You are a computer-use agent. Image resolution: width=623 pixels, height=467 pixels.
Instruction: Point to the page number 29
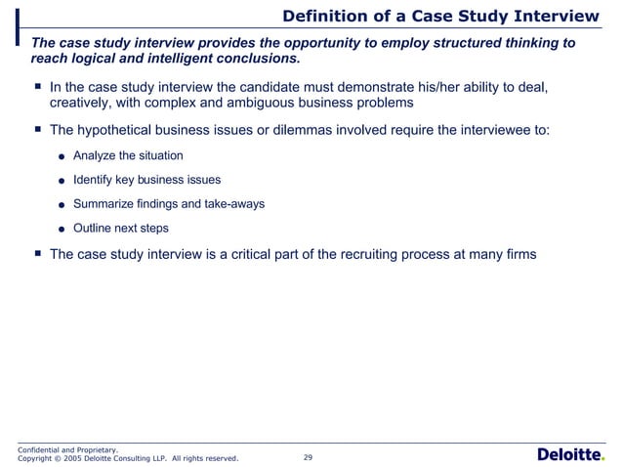tap(309, 456)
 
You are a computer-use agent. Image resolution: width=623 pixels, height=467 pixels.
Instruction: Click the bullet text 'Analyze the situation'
tap(128, 155)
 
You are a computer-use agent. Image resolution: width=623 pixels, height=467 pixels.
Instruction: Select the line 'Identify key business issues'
tap(146, 180)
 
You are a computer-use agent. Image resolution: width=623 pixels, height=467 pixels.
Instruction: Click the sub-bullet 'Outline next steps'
tap(121, 229)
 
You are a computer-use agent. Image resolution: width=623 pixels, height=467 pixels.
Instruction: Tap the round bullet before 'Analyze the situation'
tap(62, 156)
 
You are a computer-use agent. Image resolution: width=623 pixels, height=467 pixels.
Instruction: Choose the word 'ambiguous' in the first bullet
tap(250, 104)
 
